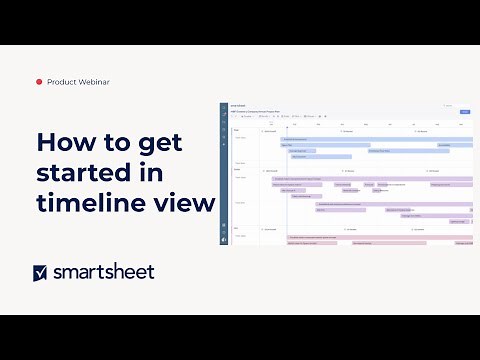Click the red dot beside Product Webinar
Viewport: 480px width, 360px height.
(39, 82)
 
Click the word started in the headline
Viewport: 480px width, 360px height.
(86, 172)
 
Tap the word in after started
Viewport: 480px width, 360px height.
(151, 172)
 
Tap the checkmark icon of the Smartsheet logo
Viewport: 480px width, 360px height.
(41, 272)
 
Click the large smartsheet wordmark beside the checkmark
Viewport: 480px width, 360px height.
(104, 271)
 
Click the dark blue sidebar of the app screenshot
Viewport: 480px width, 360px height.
(224, 180)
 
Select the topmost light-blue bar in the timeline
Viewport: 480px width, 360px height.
(360, 139)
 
